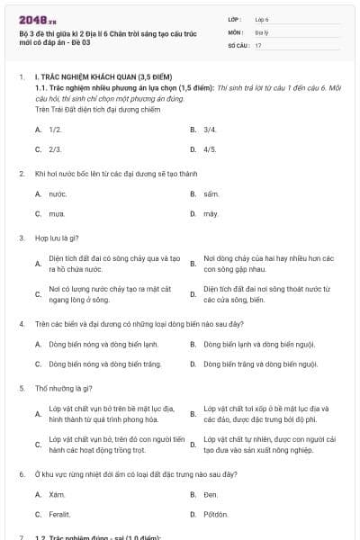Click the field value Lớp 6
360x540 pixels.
pos(262,18)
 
